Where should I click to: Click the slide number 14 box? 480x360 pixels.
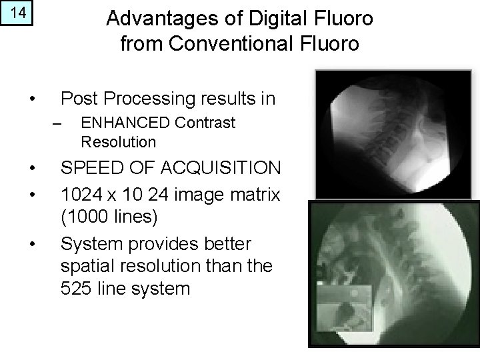(x=17, y=13)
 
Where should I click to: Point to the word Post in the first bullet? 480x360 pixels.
(x=77, y=99)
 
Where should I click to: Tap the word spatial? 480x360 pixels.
(x=86, y=266)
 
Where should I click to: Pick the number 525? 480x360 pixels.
(x=75, y=289)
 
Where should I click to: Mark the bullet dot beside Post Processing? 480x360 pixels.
(x=31, y=100)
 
